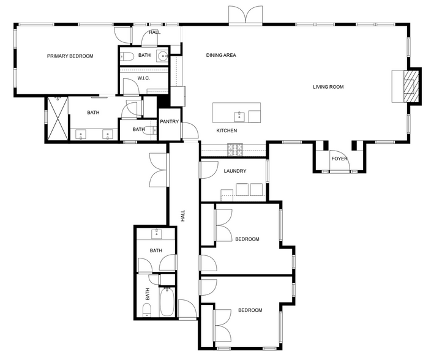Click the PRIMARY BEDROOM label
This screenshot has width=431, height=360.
(70, 56)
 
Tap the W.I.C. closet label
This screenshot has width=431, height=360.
(144, 78)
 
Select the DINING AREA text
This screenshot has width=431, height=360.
(221, 56)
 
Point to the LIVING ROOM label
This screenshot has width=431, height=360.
(328, 87)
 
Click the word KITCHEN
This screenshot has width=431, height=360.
(227, 131)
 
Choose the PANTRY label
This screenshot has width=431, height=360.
(169, 122)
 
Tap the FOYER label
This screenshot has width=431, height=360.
(339, 159)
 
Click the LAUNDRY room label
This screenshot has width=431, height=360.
(235, 171)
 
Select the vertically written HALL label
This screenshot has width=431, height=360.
(182, 216)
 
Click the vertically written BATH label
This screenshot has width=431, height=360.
(148, 294)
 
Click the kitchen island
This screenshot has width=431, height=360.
(236, 113)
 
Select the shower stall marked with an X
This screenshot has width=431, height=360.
(57, 119)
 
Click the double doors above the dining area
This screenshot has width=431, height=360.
(246, 16)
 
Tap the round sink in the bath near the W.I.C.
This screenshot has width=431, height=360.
(162, 56)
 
